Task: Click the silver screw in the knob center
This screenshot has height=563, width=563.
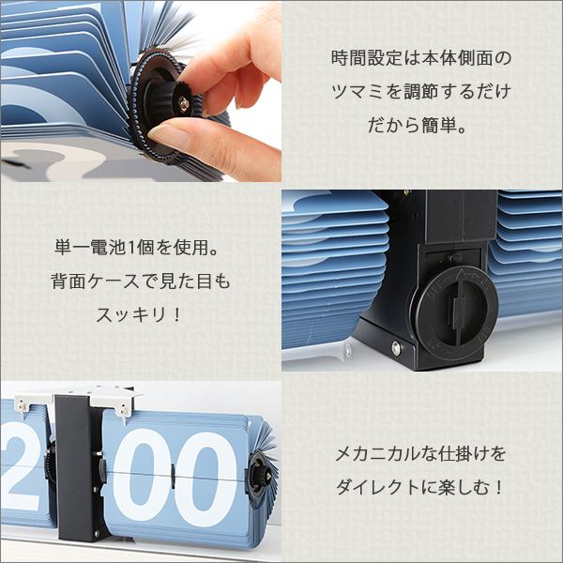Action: tap(185, 104)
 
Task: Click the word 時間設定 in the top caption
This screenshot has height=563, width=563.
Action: tap(366, 58)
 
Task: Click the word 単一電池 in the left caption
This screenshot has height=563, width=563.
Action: tap(90, 248)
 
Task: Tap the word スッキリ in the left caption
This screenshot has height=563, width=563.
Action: tap(131, 315)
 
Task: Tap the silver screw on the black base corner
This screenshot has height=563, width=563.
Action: tap(396, 347)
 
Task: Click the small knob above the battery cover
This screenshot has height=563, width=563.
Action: tap(454, 257)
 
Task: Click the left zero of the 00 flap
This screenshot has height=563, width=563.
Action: tap(142, 475)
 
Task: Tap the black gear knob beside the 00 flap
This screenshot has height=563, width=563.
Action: tap(261, 476)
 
